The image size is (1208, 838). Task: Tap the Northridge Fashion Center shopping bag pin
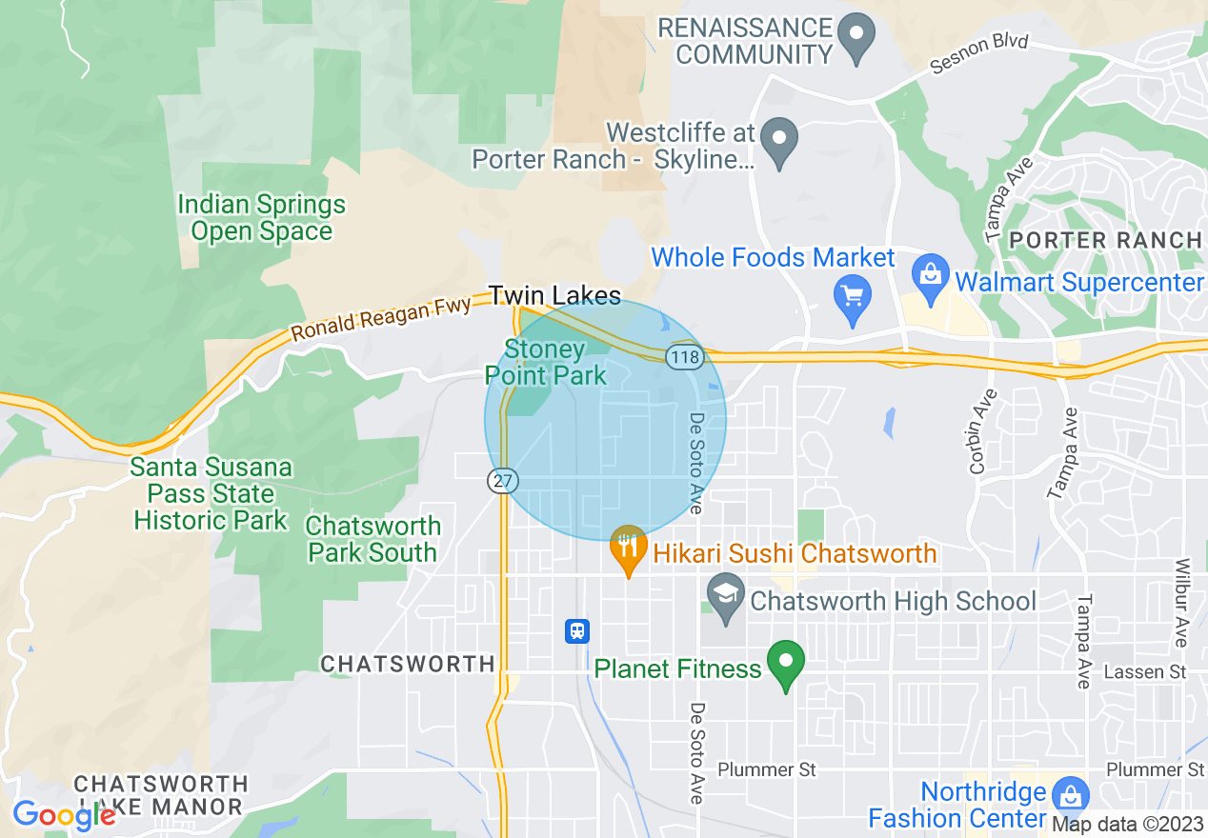1072,795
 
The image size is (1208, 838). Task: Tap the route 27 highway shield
501,480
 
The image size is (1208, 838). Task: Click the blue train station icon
577,630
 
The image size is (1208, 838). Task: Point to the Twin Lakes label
554,295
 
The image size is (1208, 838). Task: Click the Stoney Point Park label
545,363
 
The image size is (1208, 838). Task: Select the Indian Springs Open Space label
262,218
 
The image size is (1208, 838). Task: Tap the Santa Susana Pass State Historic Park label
211,494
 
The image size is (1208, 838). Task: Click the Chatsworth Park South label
373,539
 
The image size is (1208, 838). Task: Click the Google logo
64,815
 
